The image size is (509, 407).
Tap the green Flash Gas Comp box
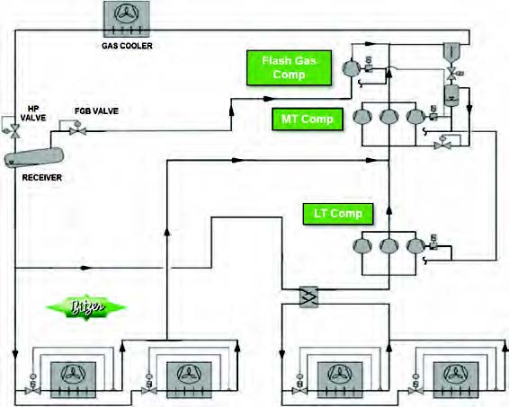(283, 67)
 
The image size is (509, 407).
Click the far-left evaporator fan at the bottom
(67, 372)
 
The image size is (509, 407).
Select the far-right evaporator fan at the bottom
(449, 372)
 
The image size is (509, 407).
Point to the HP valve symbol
(16, 131)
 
